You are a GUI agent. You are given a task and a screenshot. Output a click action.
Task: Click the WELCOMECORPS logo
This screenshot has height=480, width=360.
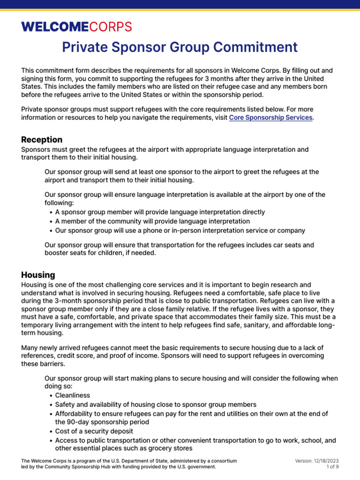76,27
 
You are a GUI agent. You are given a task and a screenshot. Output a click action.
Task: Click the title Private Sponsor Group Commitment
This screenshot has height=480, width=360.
180,47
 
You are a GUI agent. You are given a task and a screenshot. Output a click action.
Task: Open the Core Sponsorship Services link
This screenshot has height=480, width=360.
270,118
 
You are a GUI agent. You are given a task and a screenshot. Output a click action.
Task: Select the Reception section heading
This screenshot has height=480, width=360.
42,140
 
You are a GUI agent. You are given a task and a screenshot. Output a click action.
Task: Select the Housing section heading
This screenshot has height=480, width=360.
38,275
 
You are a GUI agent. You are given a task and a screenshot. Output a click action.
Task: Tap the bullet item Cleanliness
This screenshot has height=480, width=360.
73,395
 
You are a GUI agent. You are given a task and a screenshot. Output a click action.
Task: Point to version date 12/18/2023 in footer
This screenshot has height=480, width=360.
325,461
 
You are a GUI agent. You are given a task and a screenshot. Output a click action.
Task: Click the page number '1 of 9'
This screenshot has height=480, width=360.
332,467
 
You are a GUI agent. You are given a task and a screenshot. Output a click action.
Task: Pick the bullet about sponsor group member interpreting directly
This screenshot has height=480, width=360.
160,212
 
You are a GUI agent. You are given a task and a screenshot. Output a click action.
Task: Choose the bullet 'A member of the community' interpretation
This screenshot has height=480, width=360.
152,221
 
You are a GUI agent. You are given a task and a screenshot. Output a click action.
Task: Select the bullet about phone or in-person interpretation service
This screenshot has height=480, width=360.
180,231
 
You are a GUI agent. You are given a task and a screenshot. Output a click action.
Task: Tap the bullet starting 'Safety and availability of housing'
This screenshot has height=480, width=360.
156,405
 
